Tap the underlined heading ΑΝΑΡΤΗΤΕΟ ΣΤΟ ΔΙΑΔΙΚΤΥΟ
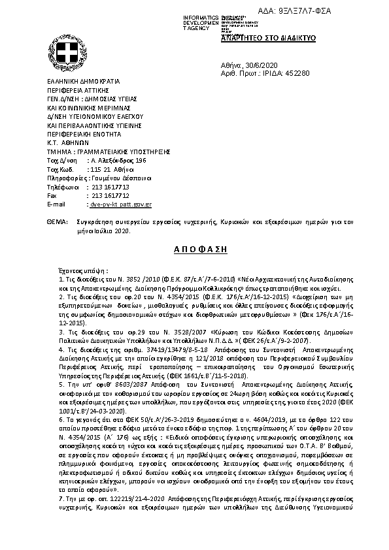[x=269, y=38]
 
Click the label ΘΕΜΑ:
[x=58, y=223]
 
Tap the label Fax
[x=53, y=195]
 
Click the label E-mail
[x=57, y=204]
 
